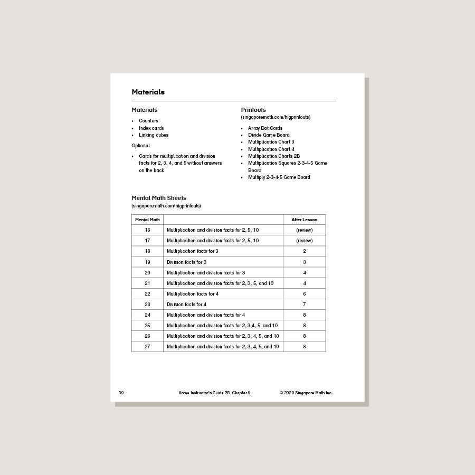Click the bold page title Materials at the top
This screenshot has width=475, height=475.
(148, 92)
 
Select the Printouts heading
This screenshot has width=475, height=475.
(253, 110)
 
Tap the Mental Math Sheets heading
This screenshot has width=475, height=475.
(159, 198)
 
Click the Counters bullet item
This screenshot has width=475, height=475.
(148, 121)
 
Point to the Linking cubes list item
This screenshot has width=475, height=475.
(154, 135)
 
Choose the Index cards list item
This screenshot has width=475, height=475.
(151, 128)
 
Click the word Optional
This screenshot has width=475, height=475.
(141, 146)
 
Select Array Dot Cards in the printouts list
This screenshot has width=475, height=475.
(265, 128)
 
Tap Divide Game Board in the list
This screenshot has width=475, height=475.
(269, 135)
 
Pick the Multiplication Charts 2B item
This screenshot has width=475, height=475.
(274, 156)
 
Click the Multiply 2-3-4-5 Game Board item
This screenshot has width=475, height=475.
(279, 177)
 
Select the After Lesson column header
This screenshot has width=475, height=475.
(305, 220)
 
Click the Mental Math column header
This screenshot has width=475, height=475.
(147, 220)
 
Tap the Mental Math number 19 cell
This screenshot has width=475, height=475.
(147, 262)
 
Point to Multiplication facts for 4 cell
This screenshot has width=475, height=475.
(193, 294)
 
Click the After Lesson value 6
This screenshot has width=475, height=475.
(305, 294)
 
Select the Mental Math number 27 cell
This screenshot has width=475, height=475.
(147, 347)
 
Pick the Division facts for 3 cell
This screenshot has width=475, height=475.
(186, 262)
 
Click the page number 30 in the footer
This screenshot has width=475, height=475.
(121, 393)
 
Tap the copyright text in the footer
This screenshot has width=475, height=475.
(306, 393)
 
